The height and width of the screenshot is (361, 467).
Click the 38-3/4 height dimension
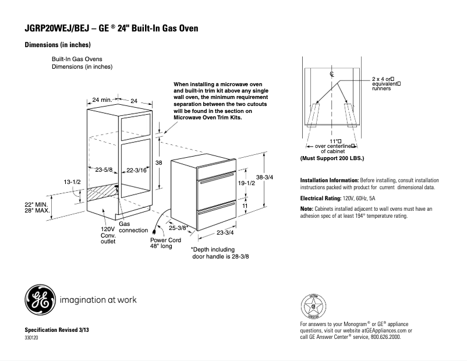point(264,177)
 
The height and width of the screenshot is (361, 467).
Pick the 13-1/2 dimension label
point(72,182)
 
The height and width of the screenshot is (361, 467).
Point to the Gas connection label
point(133,227)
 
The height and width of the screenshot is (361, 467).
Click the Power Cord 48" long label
point(165,243)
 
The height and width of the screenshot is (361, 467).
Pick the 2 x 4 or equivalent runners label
point(387,84)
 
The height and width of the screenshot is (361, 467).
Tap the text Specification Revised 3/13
point(56,330)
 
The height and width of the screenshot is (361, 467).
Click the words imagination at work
point(98,300)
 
